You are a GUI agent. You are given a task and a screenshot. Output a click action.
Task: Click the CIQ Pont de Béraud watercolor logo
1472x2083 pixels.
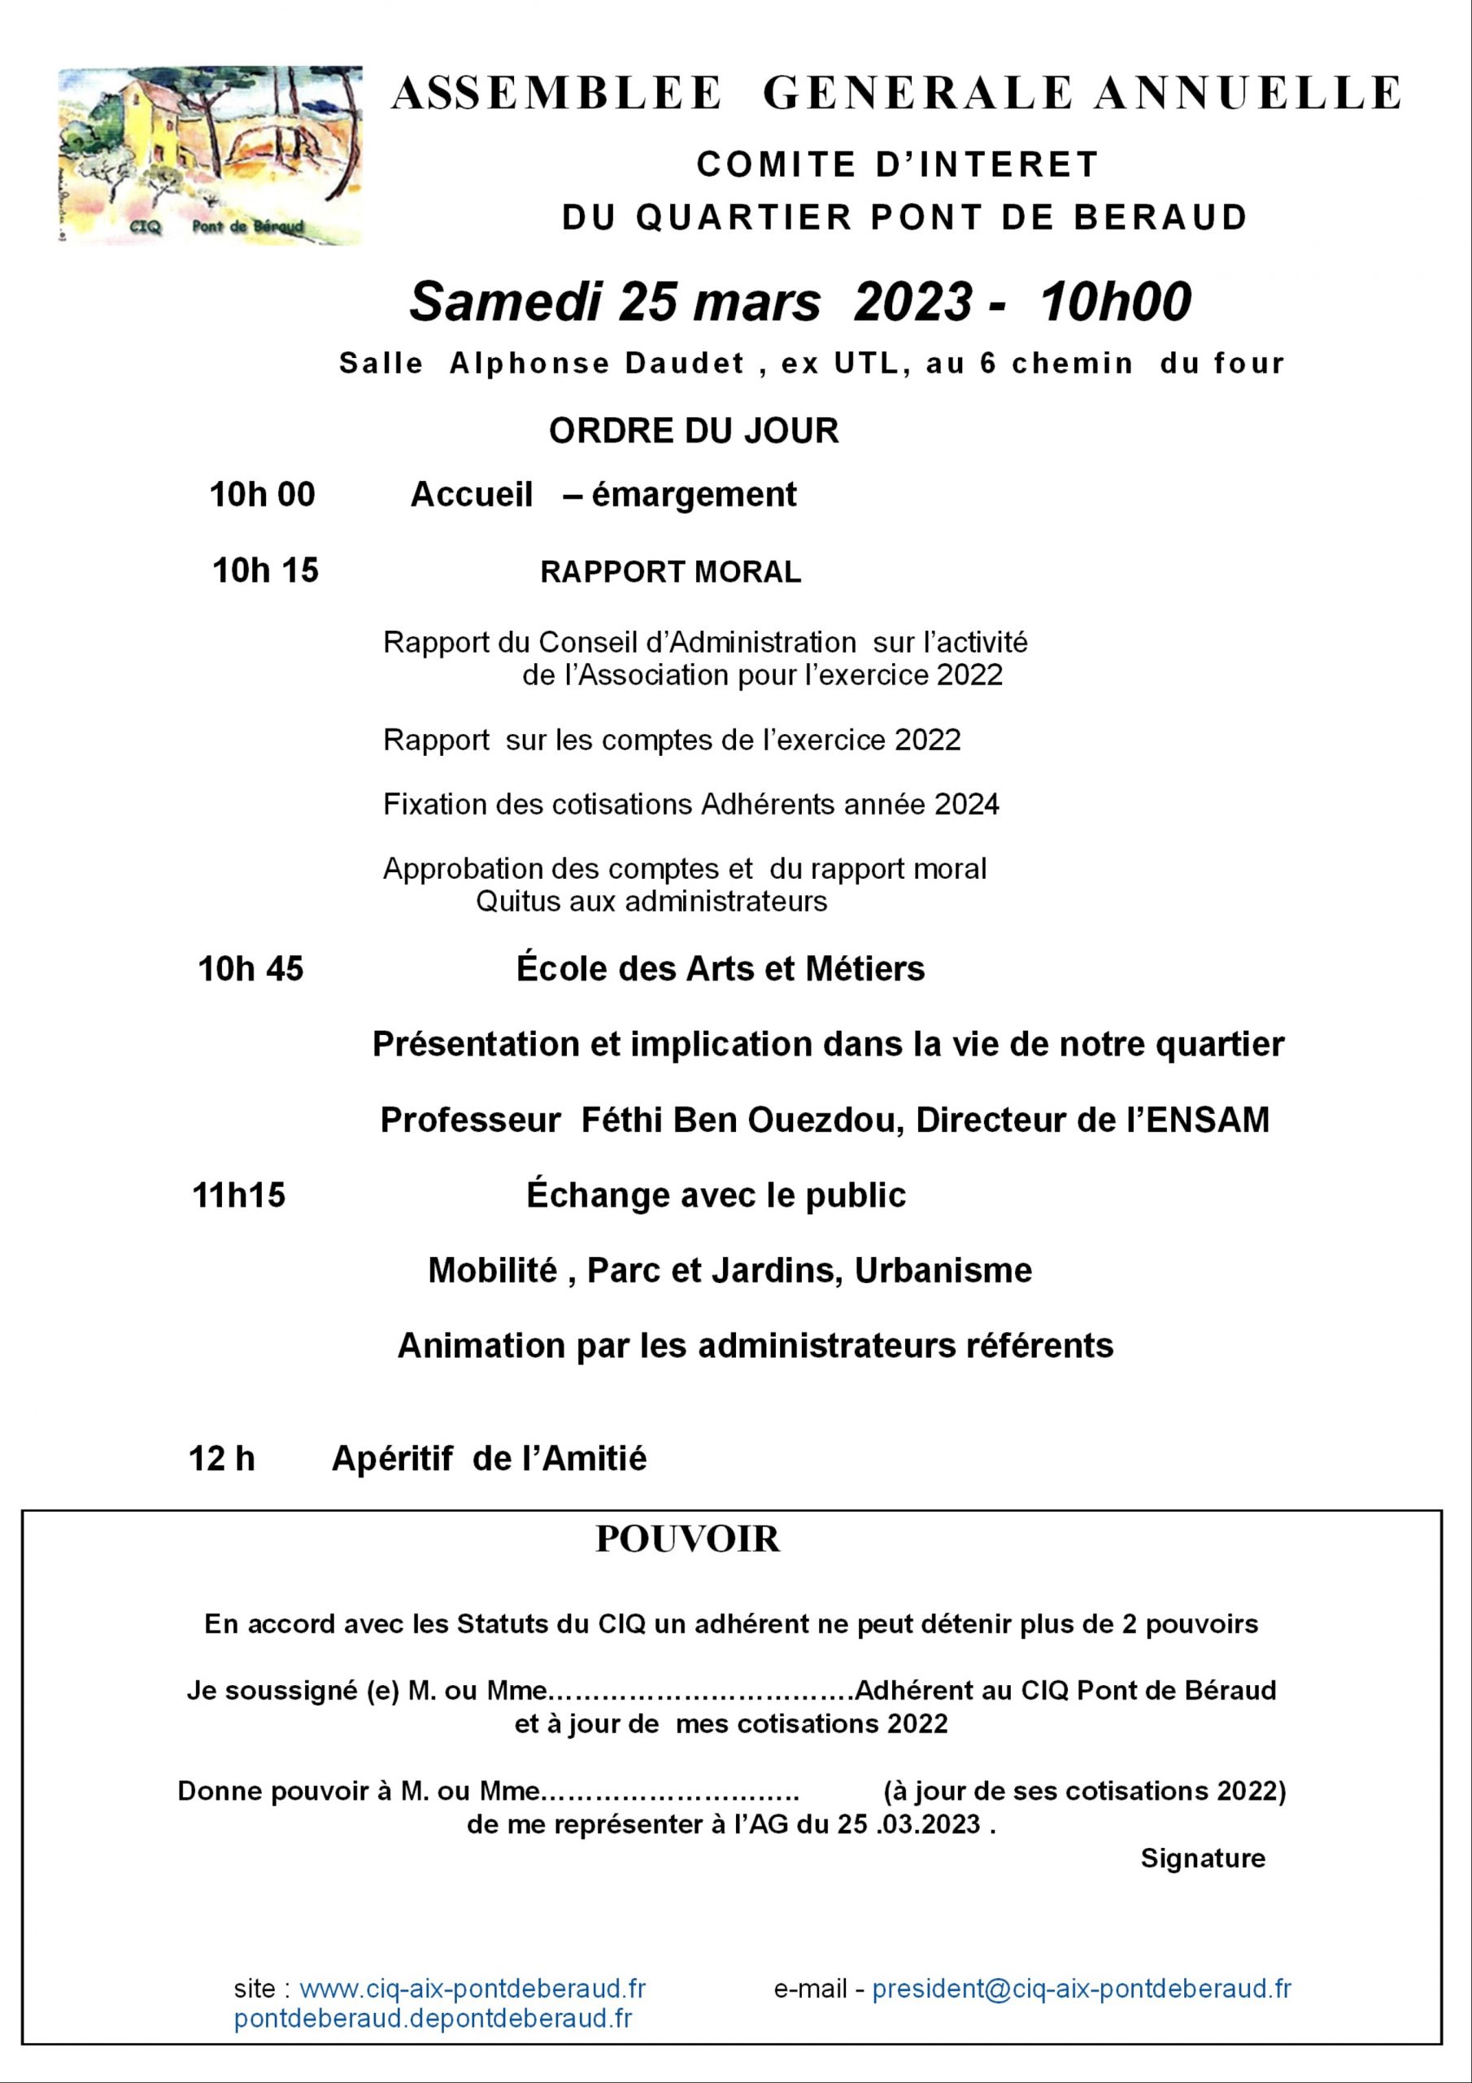pos(210,155)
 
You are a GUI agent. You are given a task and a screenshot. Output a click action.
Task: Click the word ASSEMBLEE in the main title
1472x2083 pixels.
pos(556,94)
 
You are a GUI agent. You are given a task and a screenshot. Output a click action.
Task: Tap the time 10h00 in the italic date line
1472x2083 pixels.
pos(1115,302)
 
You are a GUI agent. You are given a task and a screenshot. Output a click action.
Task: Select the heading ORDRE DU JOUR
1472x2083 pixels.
pos(694,431)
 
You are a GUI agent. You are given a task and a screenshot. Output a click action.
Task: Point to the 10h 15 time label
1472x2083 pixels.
pos(265,570)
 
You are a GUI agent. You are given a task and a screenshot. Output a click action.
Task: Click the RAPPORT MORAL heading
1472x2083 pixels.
pos(670,573)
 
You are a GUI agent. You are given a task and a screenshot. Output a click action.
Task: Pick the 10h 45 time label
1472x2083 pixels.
pos(250,970)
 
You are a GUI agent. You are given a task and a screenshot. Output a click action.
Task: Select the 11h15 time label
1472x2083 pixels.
pos(238,1196)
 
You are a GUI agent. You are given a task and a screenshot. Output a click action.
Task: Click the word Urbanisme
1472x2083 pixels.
pos(943,1271)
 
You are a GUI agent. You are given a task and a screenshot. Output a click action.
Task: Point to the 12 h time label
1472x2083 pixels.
pos(221,1459)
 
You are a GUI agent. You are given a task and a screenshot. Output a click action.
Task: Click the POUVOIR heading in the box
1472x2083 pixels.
pos(687,1539)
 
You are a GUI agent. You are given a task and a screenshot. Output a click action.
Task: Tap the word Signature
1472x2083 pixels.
pos(1203,1859)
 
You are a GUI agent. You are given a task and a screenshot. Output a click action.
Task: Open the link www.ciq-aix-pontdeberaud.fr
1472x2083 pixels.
pos(473,1989)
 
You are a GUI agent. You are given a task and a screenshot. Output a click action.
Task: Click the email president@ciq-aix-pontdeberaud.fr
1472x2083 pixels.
pos(1081,1989)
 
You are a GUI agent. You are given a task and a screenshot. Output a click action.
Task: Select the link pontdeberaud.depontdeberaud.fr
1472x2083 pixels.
pos(433,2019)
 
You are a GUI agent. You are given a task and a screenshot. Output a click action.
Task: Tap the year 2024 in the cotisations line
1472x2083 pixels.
pos(967,805)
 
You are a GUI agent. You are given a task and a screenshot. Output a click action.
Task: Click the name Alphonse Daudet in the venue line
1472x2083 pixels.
pos(597,364)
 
